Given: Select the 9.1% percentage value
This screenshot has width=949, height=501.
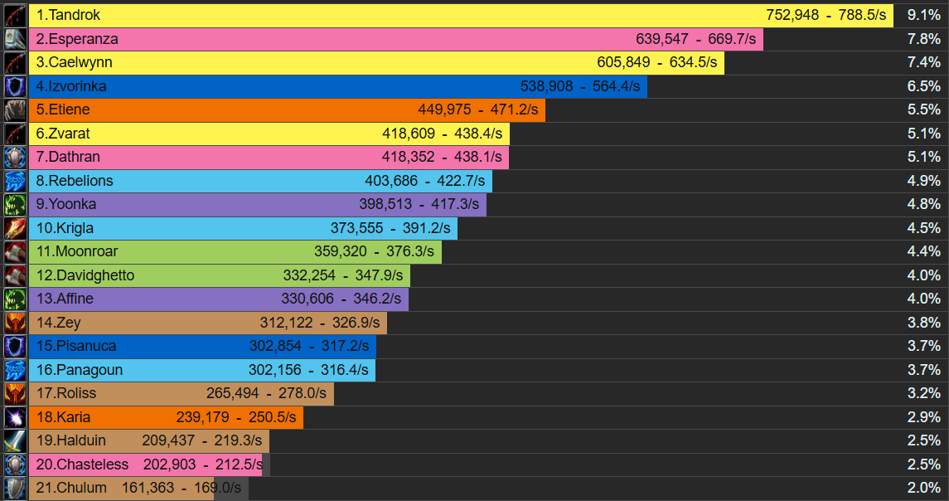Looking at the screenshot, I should [923, 15].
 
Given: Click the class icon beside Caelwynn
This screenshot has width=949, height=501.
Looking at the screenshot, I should [15, 62].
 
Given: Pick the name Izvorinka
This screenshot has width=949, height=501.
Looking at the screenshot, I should [78, 86].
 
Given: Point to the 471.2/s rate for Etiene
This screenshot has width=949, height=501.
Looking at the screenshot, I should [511, 109].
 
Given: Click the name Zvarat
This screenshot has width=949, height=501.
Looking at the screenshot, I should [69, 134].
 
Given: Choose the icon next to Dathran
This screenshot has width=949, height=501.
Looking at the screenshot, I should [15, 157].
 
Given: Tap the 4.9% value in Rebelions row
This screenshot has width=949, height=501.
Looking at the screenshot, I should [923, 181].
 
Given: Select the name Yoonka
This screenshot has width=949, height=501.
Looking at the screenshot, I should [72, 204].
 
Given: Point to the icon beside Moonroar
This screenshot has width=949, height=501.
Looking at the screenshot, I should [15, 251].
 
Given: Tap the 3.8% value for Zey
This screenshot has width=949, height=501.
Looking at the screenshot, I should [923, 323].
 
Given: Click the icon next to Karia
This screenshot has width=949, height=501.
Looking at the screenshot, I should [15, 417].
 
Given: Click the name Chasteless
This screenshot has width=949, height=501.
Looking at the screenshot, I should [93, 465].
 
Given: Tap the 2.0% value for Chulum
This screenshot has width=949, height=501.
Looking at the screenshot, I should [923, 488].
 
